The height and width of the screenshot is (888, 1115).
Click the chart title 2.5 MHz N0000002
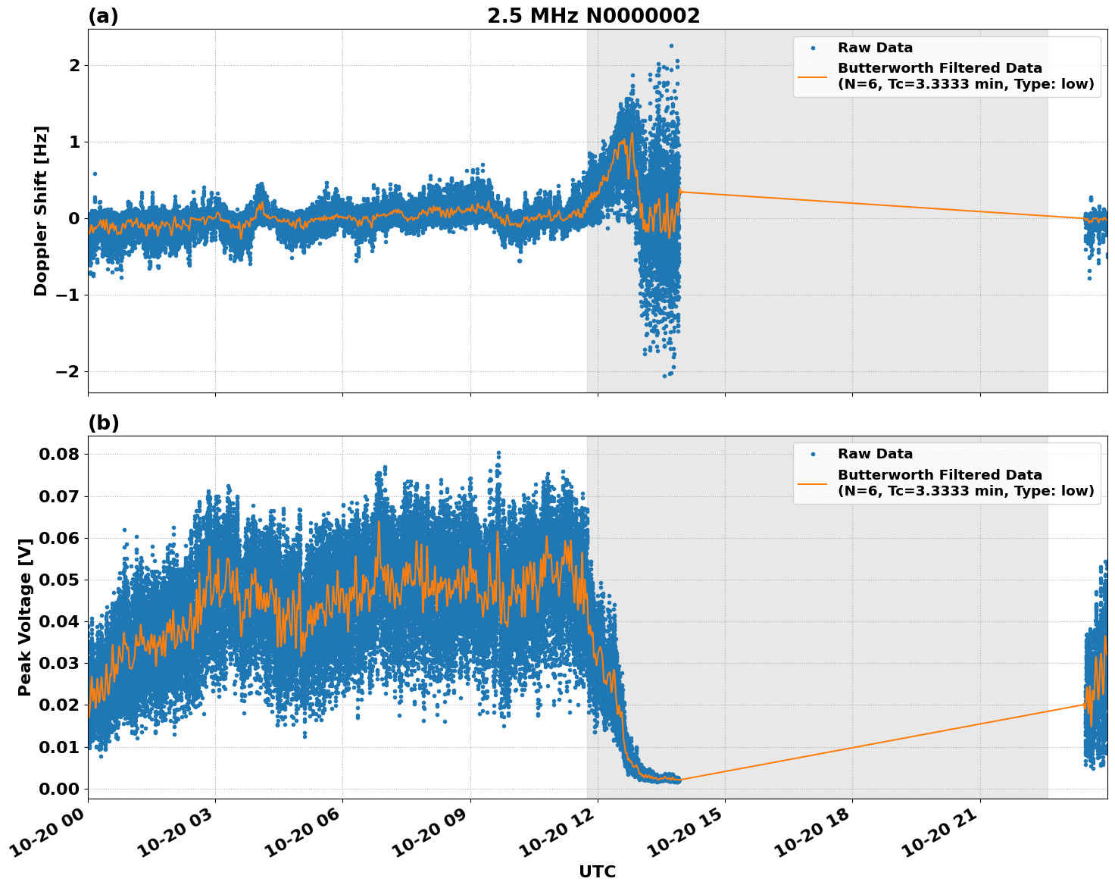pos(593,16)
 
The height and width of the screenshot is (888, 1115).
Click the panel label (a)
pos(103,16)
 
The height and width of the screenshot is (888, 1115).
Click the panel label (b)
pos(103,423)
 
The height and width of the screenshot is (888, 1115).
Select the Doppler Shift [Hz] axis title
pos(41,211)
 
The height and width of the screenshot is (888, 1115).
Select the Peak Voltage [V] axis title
pos(25,617)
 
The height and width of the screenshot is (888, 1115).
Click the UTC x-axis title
pos(597,871)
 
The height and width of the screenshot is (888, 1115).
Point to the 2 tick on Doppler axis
pos(74,66)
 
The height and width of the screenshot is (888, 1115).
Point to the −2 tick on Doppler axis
pos(67,372)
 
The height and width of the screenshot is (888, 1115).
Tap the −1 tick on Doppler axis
pos(67,295)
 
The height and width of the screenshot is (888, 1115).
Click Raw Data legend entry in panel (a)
pos(875,48)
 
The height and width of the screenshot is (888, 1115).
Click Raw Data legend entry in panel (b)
pos(875,454)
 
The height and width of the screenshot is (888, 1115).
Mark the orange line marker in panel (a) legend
pos(812,77)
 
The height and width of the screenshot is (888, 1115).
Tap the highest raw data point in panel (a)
pos(671,45)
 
